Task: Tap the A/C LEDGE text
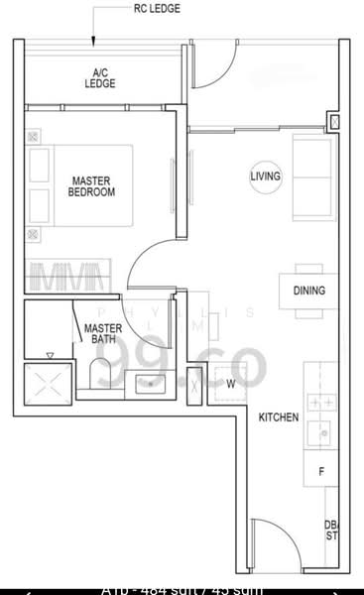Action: (100, 78)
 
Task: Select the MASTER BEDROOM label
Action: (91, 185)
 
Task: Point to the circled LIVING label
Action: (266, 176)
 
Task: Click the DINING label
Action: (308, 291)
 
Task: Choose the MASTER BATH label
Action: (102, 333)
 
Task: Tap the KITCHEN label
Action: (279, 417)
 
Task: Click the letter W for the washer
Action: (230, 383)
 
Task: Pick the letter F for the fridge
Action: (320, 472)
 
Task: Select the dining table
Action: (307, 291)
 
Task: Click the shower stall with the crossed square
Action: (48, 381)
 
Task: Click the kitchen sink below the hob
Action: (319, 433)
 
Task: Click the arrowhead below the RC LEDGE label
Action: (93, 42)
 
